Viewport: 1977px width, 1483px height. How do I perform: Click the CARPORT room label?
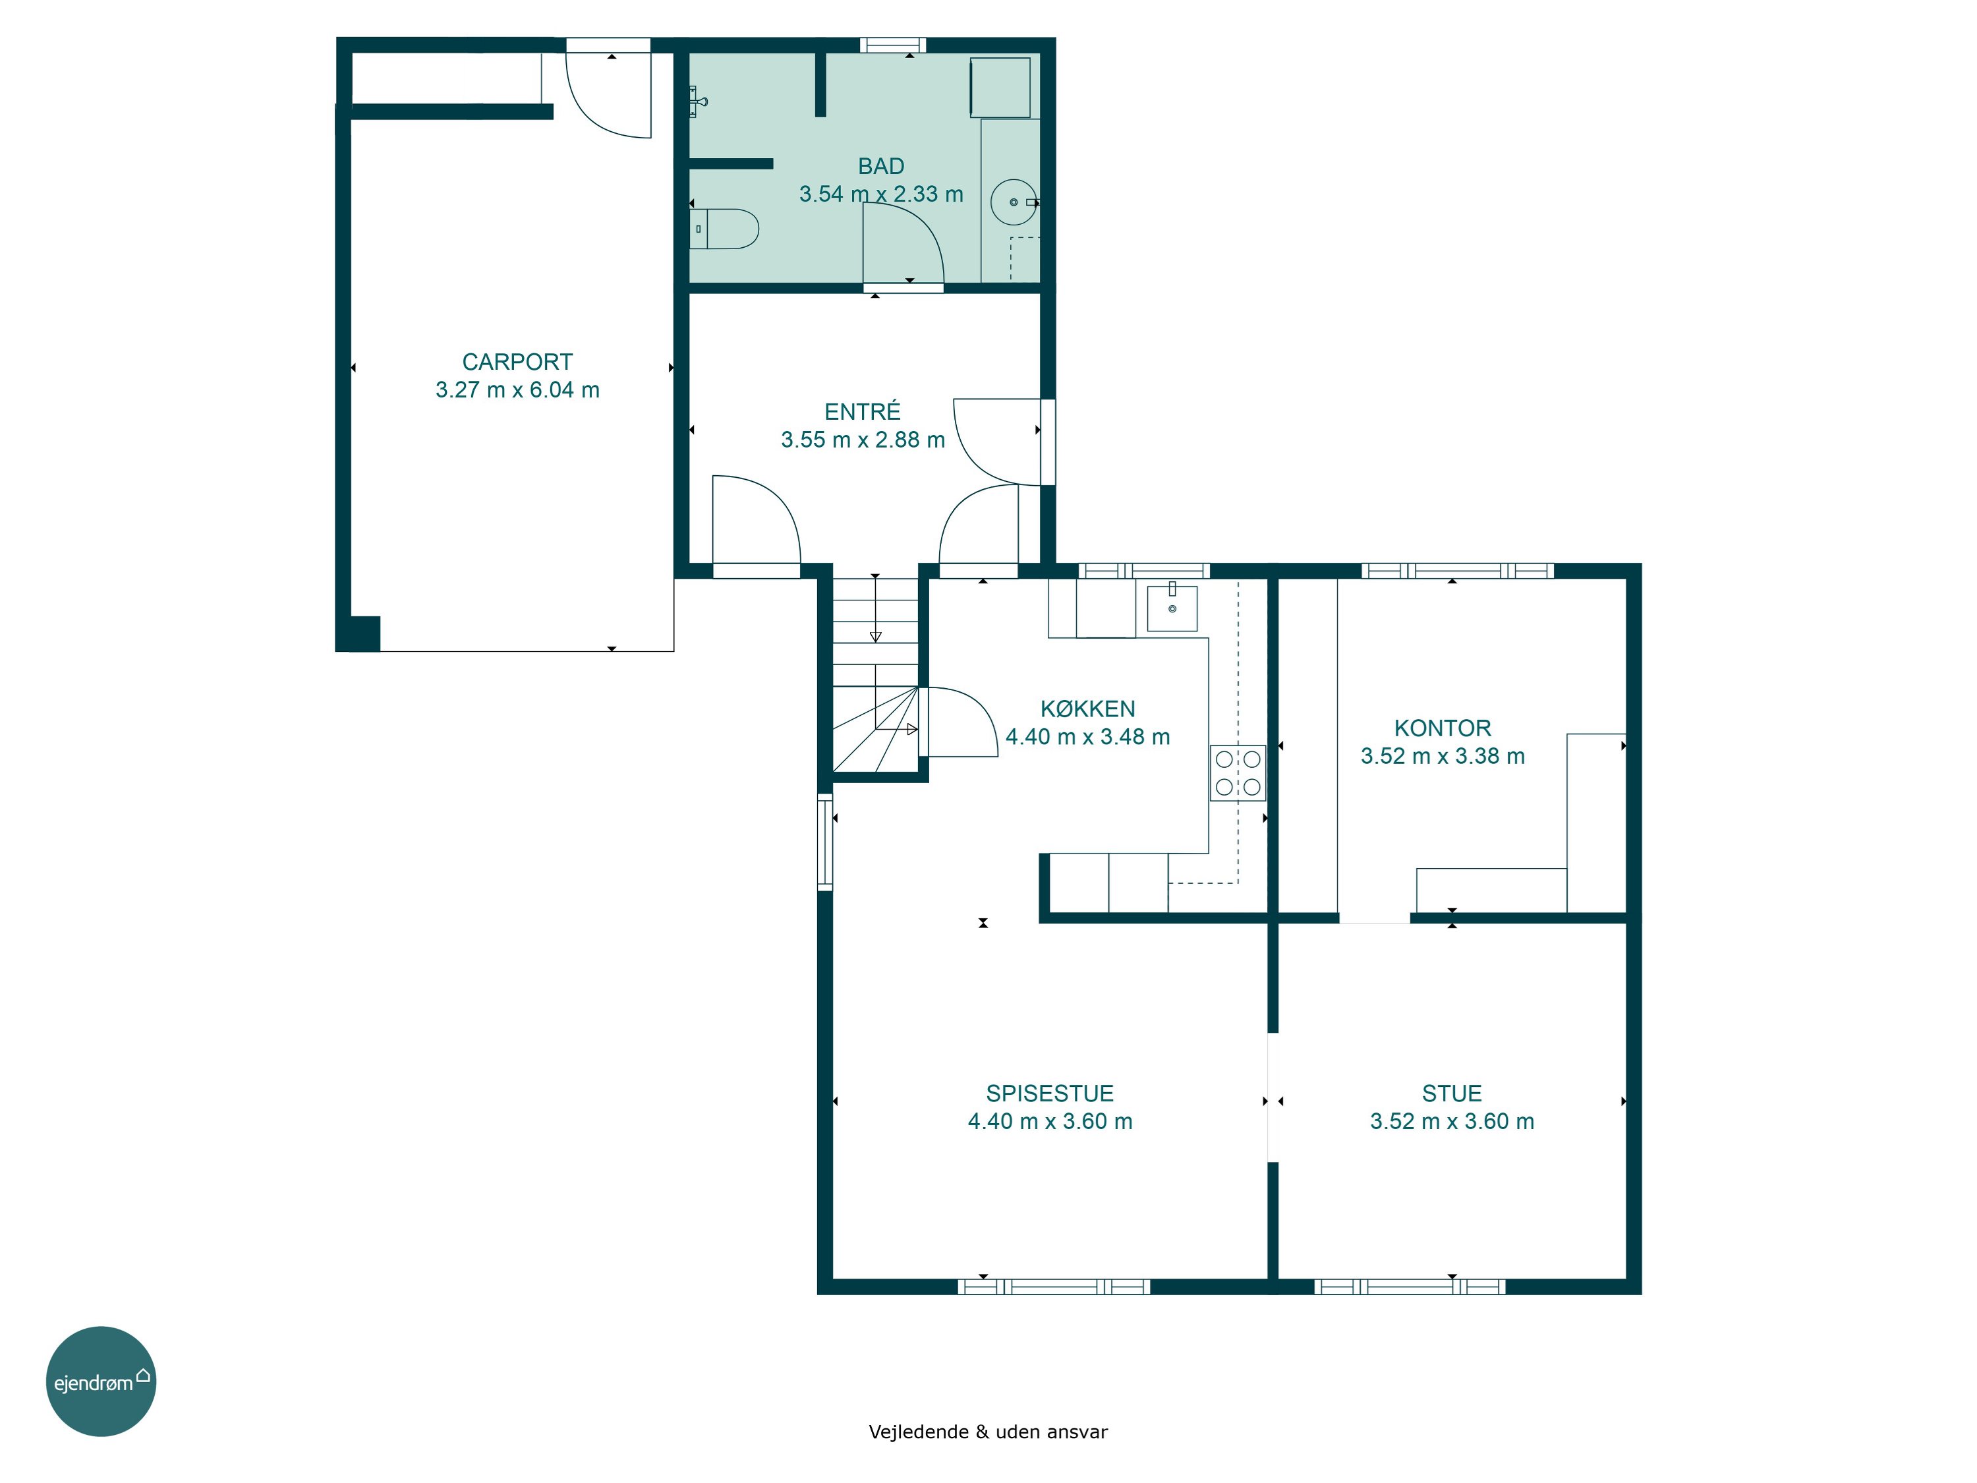tap(517, 362)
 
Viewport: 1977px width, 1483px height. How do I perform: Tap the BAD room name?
tap(881, 166)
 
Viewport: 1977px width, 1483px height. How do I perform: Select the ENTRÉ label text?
tap(863, 411)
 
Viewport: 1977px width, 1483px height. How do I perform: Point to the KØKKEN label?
tap(1088, 709)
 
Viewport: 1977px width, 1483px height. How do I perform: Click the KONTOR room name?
tap(1443, 728)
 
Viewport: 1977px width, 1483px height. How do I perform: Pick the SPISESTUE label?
tap(1050, 1093)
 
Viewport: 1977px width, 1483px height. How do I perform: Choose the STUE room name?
tap(1452, 1093)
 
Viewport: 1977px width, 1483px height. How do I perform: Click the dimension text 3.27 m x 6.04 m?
tap(517, 390)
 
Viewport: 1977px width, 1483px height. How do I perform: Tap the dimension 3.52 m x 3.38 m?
tap(1443, 756)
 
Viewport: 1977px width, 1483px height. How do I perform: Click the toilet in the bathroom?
tap(724, 229)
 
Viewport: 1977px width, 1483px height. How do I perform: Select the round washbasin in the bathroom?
tap(1014, 202)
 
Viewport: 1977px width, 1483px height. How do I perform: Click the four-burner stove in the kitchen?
tap(1238, 773)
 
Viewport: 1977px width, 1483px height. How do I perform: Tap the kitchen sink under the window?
tap(1172, 608)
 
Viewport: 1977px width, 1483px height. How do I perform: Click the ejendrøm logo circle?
tap(101, 1381)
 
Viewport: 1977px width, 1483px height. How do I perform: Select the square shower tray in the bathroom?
tap(1000, 87)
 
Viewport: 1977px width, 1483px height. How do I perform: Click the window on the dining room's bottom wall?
tap(1054, 1287)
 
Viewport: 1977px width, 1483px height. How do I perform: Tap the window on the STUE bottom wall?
tap(1410, 1287)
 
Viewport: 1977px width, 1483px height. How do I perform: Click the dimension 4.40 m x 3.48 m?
tap(1088, 737)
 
